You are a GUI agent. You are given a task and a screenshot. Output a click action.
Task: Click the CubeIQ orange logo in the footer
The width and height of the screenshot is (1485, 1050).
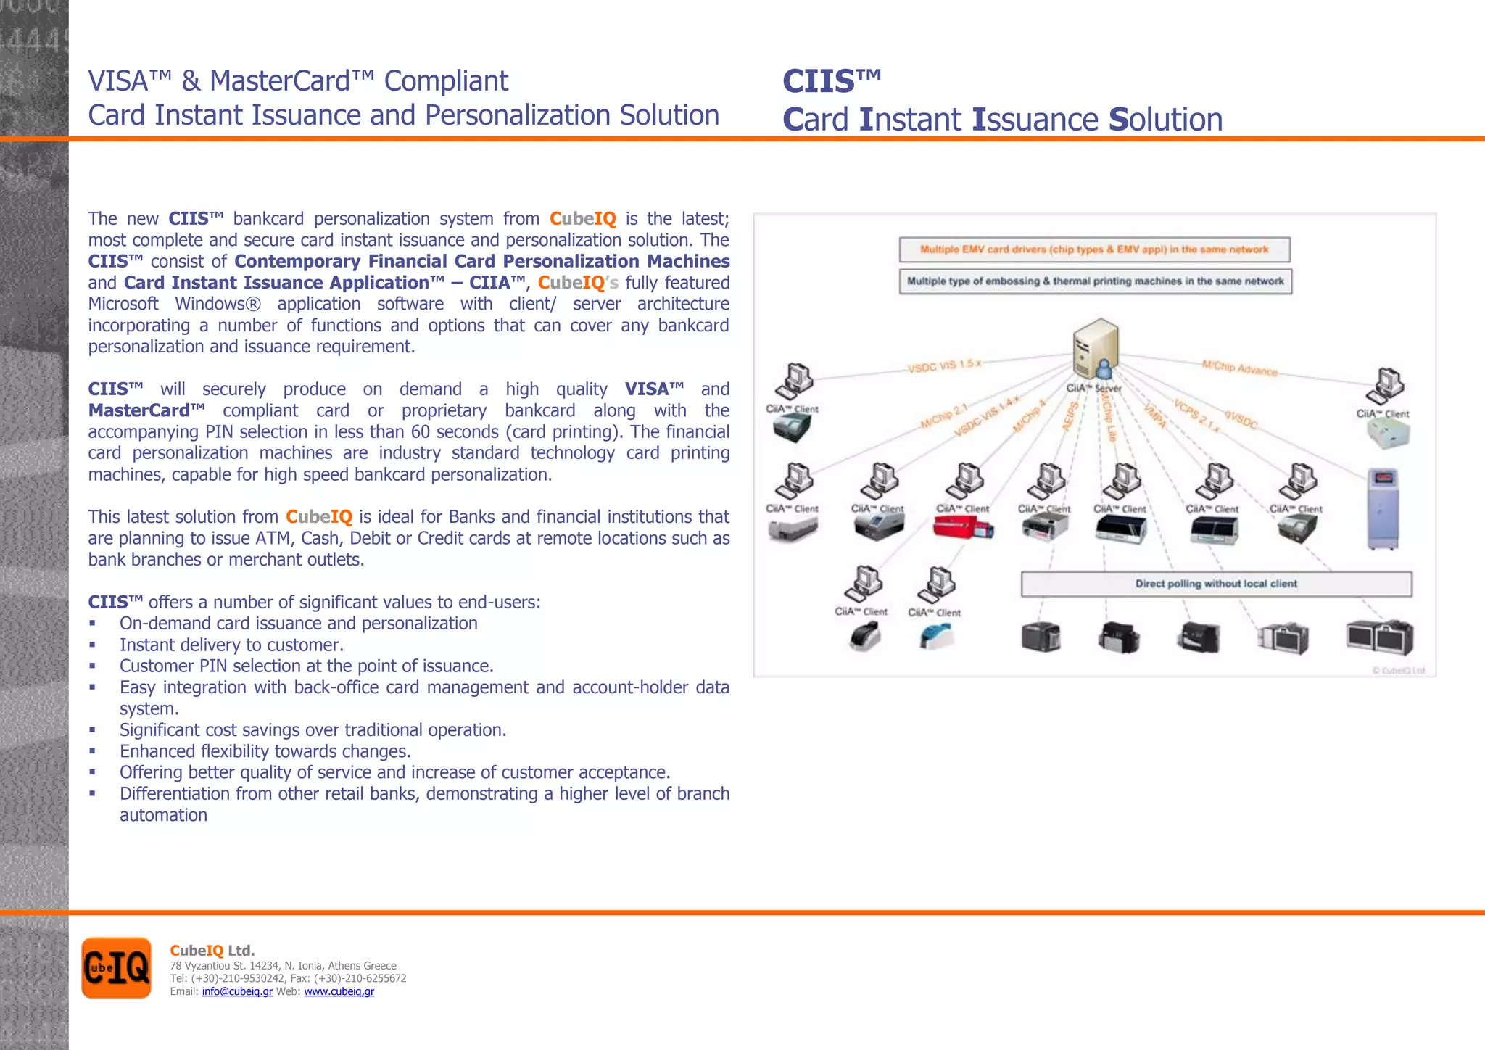point(116,967)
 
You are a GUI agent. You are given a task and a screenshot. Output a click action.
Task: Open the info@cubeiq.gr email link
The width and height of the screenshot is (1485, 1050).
point(237,991)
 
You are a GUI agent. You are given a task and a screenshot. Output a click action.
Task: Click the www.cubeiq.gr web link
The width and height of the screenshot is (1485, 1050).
point(339,991)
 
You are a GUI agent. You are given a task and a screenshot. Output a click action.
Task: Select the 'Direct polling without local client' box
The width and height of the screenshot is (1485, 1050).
point(1216,584)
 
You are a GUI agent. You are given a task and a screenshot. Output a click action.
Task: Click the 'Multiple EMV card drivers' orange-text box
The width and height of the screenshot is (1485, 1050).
point(1094,249)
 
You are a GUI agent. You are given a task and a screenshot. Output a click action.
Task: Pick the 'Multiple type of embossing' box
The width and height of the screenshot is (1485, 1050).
point(1095,281)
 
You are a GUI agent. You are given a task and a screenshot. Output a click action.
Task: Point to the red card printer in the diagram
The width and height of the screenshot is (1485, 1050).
point(962,527)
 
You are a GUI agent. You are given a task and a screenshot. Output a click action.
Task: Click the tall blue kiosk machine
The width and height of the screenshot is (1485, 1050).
point(1383,509)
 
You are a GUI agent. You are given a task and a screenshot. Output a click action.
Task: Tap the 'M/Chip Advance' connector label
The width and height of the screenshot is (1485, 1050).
point(1239,368)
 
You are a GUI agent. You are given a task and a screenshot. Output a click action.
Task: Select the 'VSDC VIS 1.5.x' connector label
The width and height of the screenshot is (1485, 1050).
point(944,366)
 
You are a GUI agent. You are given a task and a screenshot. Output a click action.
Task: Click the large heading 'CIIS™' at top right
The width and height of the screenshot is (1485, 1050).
point(832,81)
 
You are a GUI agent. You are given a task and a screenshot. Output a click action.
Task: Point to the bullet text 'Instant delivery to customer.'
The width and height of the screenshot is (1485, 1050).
point(231,645)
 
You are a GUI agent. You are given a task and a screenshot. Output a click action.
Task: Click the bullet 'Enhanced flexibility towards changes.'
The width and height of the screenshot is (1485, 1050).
point(265,751)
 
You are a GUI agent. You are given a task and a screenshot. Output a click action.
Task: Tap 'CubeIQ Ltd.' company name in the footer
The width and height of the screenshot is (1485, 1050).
point(212,950)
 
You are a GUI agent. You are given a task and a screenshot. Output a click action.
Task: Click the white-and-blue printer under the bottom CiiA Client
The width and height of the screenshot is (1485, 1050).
point(936,637)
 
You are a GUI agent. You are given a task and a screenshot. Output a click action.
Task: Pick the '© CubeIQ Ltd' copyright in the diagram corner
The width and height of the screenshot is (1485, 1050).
point(1398,670)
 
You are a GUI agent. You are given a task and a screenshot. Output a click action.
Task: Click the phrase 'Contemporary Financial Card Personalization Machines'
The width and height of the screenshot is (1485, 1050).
point(481,261)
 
